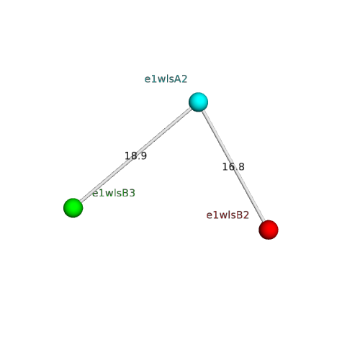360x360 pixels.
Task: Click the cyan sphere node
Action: point(198,102)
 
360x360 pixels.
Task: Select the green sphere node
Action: point(73,208)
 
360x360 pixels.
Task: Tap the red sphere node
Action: point(269,230)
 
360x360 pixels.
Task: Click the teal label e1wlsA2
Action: point(166,79)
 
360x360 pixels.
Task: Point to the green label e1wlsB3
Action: point(114,193)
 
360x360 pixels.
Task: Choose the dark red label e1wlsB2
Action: point(228,215)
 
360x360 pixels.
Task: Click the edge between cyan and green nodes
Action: point(135,155)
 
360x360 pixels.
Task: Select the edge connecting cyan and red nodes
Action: point(233,166)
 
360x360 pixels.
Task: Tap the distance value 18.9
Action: point(135,156)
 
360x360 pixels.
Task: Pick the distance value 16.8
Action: point(233,167)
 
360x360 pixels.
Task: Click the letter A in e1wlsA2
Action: point(178,79)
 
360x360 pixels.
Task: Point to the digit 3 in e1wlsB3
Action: point(132,193)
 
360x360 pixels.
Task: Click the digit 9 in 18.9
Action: point(143,156)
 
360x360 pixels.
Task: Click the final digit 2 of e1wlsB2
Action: point(246,215)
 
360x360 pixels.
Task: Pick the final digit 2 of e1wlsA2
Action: point(184,79)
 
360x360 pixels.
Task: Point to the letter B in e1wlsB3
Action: point(125,193)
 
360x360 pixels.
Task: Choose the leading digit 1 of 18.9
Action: point(127,156)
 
